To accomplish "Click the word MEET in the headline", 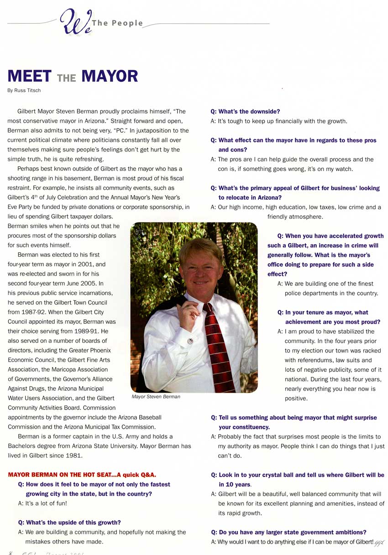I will [30, 76].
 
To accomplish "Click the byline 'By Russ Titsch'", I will [24, 90].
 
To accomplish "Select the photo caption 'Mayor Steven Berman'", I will [156, 397].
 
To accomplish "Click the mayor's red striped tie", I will [219, 347].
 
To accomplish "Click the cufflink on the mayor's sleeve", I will [190, 341].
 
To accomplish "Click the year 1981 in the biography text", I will [75, 456].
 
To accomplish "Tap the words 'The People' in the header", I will [117, 23].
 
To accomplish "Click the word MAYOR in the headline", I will [110, 76].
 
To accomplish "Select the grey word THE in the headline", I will [67, 78].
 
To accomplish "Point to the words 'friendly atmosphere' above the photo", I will [295, 217].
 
